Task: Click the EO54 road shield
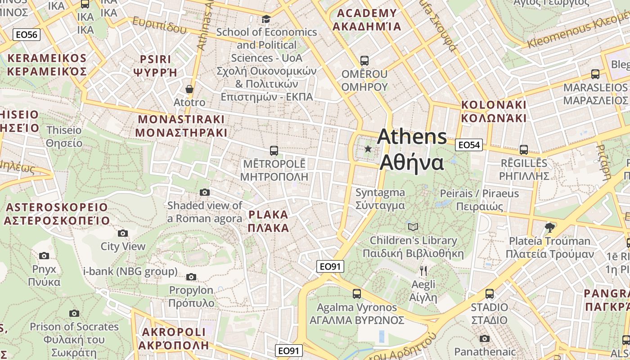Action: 468,145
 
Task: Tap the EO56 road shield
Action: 27,35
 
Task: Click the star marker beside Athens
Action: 368,149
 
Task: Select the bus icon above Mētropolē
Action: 274,150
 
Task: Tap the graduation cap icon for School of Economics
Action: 266,19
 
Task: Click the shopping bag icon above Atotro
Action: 189,89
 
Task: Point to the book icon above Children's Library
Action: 413,227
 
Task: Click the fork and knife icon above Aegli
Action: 423,270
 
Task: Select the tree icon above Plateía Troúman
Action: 549,228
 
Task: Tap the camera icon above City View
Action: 122,233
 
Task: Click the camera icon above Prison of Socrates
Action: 74,313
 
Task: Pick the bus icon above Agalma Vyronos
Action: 357,294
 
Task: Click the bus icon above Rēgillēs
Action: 523,149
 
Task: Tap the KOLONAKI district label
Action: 494,111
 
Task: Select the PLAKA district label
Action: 269,221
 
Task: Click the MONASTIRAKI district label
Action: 181,126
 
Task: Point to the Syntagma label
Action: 380,199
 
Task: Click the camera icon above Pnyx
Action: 44,256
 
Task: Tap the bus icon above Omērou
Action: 364,60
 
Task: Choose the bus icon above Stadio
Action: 490,294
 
